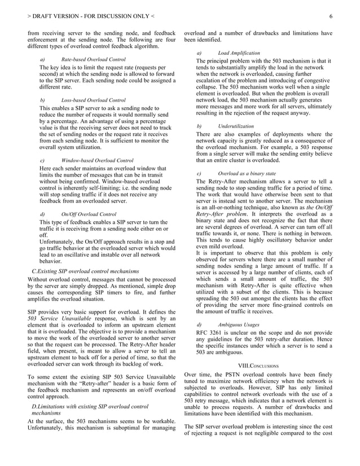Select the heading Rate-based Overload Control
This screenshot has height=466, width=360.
coord(93,59)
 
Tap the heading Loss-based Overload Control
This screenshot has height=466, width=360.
coord(93,100)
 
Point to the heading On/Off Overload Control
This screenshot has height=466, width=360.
coord(89,214)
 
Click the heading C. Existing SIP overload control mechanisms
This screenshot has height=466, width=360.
coord(86,272)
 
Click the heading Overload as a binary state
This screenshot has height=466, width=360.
coord(247,174)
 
